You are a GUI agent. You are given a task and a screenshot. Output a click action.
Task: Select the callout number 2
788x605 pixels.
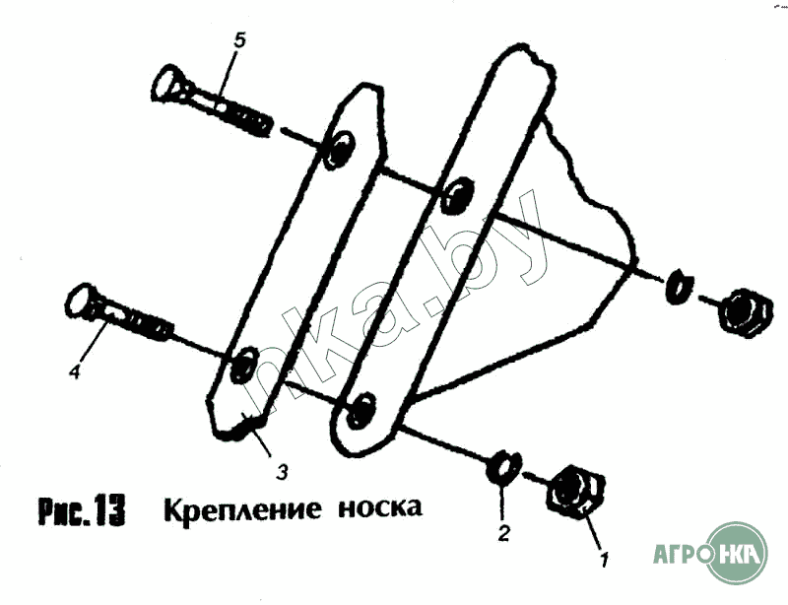tap(502, 535)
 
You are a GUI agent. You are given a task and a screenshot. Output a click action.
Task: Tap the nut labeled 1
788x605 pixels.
tap(572, 490)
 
